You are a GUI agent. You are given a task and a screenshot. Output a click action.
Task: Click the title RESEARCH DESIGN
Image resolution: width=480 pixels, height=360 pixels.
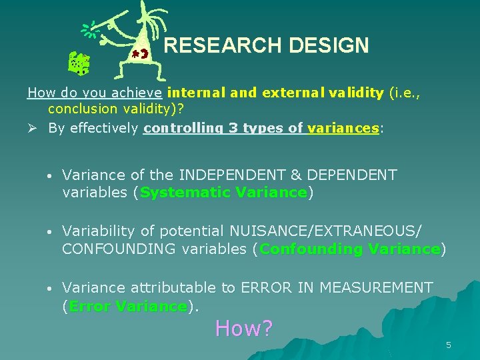[266, 45]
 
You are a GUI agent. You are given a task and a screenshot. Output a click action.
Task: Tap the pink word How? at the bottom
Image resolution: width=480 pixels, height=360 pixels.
[244, 328]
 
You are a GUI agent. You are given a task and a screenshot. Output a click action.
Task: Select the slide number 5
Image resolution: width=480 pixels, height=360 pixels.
[449, 345]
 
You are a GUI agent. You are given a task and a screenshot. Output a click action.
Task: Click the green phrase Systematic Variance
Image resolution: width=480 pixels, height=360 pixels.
[223, 193]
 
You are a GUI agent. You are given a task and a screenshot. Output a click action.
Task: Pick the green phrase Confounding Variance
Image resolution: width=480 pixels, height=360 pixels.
[350, 249]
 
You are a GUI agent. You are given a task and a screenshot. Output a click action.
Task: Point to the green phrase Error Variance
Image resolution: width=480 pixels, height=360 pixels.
[128, 306]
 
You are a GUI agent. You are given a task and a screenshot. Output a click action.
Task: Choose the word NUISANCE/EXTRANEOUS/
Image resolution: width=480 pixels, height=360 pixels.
[325, 231]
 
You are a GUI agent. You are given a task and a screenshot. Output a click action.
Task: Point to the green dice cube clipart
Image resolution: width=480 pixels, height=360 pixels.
[80, 64]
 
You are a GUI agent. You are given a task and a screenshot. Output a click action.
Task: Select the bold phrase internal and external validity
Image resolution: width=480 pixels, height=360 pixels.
[276, 93]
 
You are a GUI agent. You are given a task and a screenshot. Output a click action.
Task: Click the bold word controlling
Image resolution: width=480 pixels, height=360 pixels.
[181, 129]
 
